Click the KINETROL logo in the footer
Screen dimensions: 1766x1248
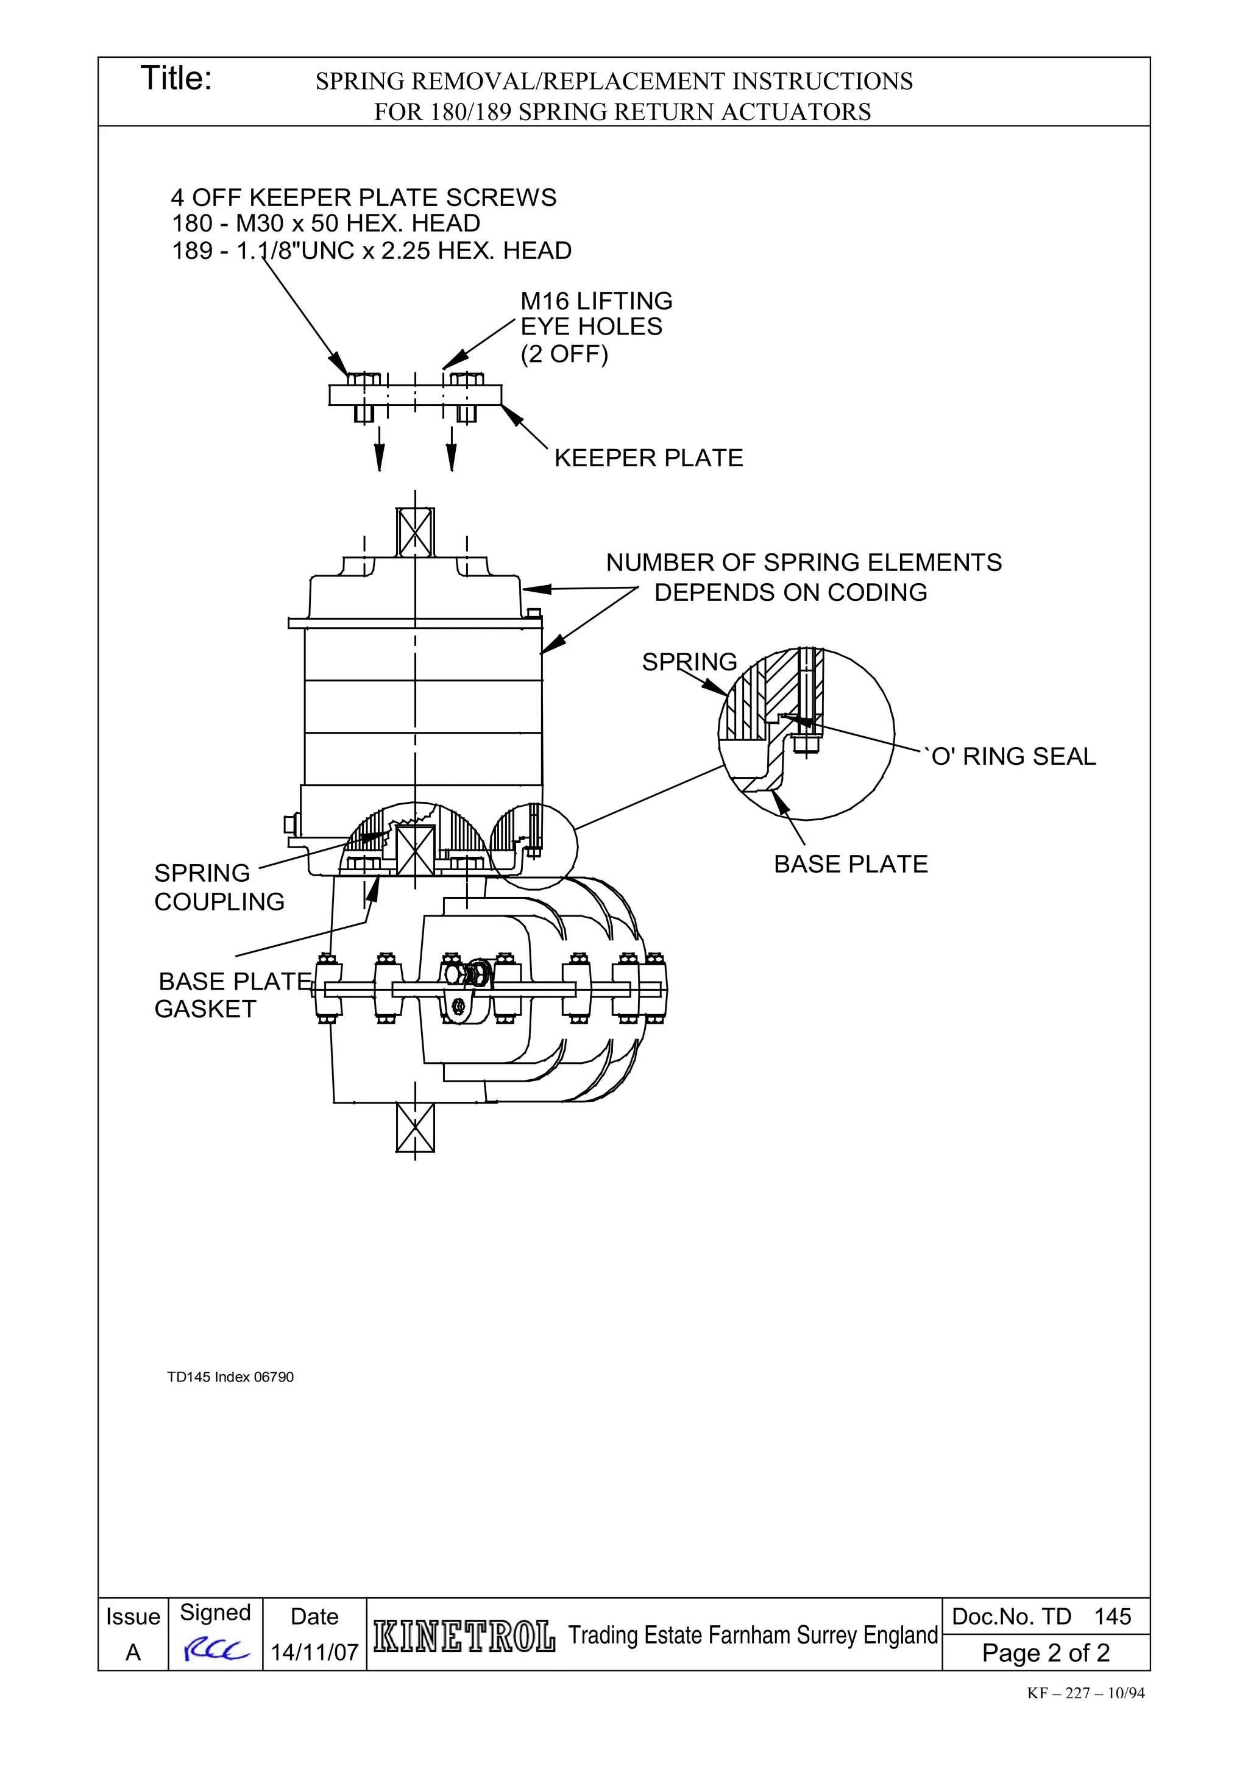[x=464, y=1636]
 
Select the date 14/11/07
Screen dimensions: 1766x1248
[x=314, y=1652]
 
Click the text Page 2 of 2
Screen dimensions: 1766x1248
[x=1045, y=1652]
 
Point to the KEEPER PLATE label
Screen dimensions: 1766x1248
[x=648, y=458]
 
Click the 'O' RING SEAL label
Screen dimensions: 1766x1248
[x=1013, y=757]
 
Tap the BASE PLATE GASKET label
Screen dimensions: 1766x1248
[x=231, y=995]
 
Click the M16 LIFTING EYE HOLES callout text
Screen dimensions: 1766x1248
[x=595, y=327]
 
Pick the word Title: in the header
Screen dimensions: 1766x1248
[x=176, y=79]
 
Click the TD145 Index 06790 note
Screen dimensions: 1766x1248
[x=230, y=1377]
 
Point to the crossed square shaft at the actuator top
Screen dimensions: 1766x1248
[x=415, y=531]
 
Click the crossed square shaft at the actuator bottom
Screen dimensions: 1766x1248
[x=415, y=1127]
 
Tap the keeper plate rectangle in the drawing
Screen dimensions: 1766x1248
[x=415, y=395]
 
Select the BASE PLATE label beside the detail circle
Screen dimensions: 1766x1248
[x=851, y=865]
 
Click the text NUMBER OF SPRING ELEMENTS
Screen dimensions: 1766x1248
[x=804, y=563]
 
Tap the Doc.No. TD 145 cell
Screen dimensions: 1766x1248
[x=1041, y=1616]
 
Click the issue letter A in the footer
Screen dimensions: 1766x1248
[x=133, y=1652]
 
